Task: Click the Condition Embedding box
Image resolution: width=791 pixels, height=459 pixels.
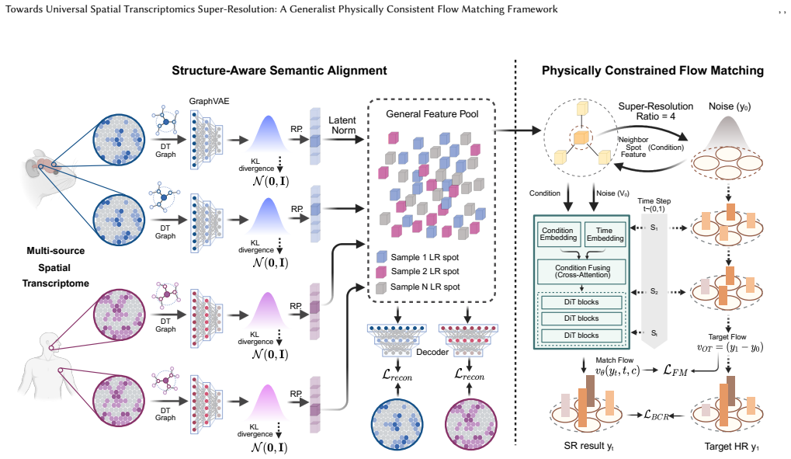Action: point(558,235)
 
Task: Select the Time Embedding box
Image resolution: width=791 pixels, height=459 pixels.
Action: point(605,235)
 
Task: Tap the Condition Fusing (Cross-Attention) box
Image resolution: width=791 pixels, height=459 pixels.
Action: point(582,271)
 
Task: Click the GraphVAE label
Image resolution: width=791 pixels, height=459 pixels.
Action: point(209,102)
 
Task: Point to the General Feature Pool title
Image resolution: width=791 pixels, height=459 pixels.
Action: point(432,114)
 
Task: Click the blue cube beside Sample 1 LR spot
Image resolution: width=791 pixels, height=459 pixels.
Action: point(382,257)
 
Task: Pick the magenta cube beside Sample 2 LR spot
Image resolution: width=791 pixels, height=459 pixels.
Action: point(381,272)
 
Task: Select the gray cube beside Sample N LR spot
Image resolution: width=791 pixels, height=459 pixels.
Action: point(381,287)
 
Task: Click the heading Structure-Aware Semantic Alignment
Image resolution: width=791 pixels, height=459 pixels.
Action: point(279,71)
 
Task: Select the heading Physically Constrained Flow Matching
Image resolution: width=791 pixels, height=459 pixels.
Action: point(653,71)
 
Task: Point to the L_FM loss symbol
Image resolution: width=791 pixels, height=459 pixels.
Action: point(675,370)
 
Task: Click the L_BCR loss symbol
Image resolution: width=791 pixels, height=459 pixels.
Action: point(656,415)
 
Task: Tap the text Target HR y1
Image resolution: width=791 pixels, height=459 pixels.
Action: point(731,447)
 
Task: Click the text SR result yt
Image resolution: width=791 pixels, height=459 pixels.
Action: point(588,446)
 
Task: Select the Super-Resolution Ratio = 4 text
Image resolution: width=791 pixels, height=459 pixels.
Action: point(656,111)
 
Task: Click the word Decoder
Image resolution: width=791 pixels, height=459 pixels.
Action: point(432,352)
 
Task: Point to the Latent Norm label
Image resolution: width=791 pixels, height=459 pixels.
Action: point(342,125)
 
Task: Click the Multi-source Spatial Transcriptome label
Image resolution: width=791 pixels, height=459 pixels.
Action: point(55,267)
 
